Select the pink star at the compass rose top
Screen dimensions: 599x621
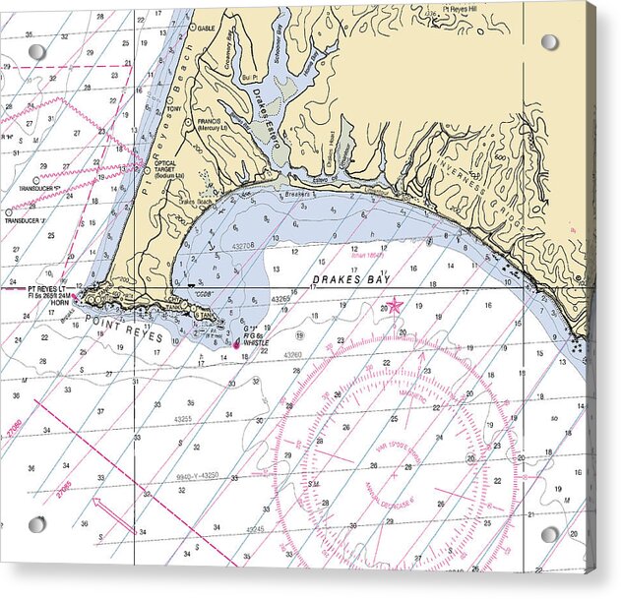click(x=395, y=306)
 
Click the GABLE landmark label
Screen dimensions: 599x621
click(x=207, y=29)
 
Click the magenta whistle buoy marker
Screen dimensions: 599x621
click(x=235, y=343)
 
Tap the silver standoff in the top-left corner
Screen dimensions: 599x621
click(x=36, y=51)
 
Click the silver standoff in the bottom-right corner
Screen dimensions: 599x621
click(x=550, y=534)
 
